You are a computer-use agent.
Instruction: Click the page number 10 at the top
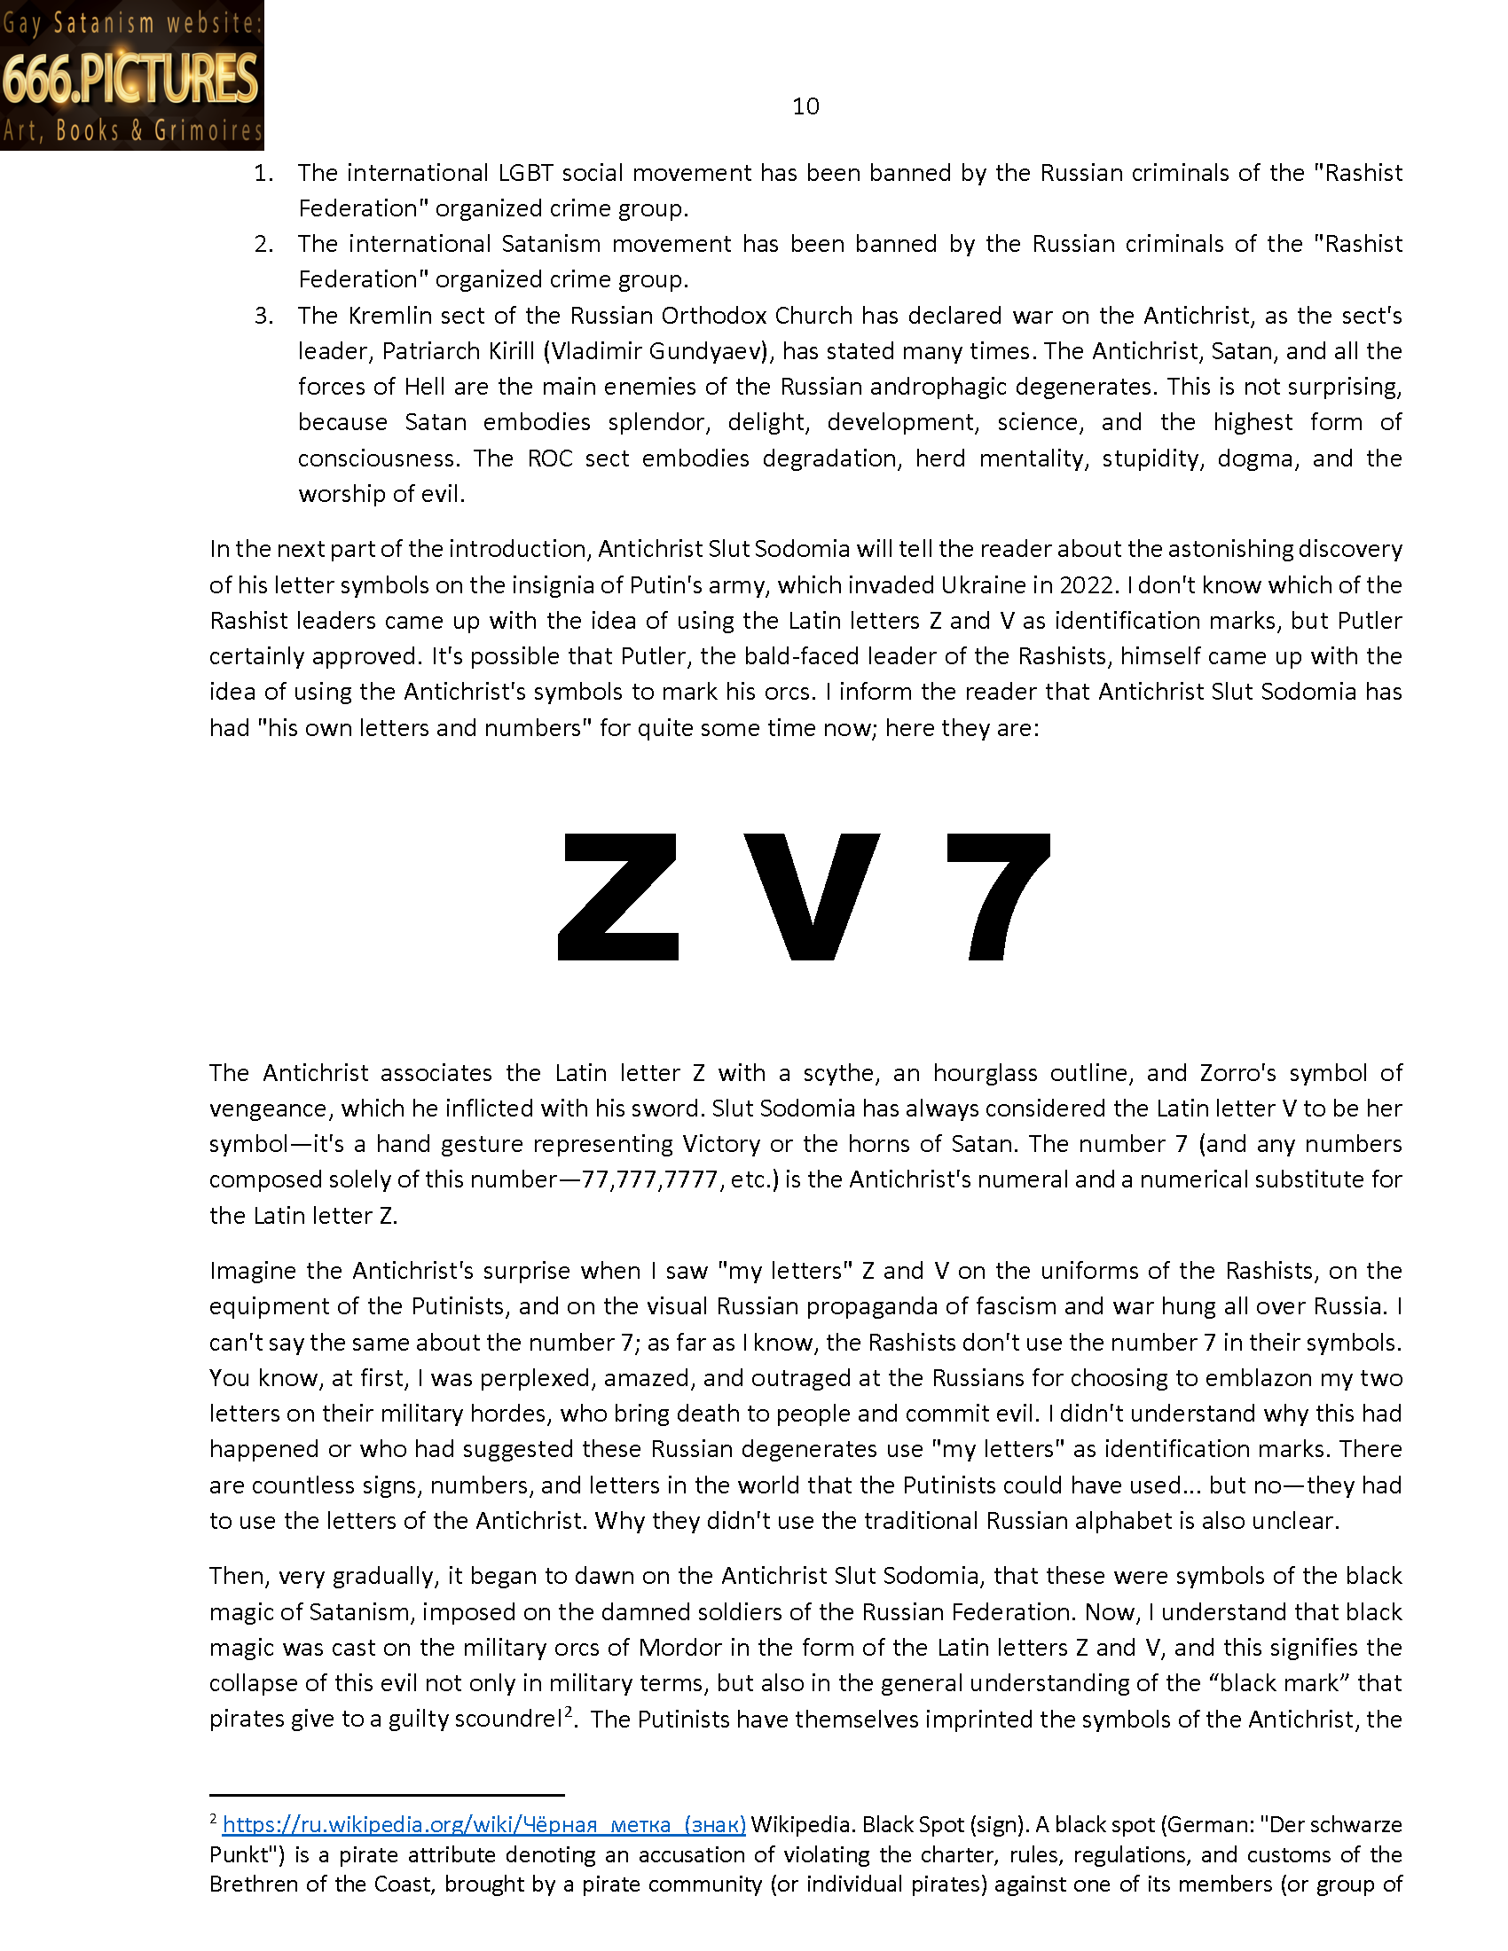click(x=805, y=106)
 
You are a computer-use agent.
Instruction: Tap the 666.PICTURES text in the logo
click(x=130, y=79)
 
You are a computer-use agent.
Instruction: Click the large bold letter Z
click(x=618, y=896)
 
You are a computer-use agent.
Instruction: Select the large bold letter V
click(x=811, y=896)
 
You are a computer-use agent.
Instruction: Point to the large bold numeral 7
click(x=998, y=896)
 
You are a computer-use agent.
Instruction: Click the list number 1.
click(x=263, y=173)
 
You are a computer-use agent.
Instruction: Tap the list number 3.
click(x=263, y=317)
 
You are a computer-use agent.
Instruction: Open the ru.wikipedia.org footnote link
click(x=483, y=1824)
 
